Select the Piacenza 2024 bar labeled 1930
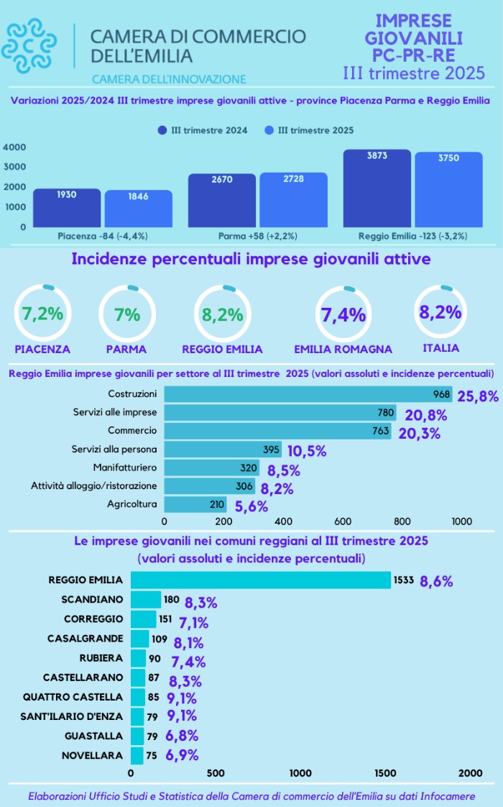point(67,208)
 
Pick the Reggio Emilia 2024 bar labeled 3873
point(377,188)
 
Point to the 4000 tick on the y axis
point(15,147)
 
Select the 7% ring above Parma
point(126,314)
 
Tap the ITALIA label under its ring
point(440,348)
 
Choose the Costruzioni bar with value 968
point(308,393)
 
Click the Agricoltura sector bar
point(195,504)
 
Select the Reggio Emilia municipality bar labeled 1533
point(260,580)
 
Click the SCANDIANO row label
point(92,599)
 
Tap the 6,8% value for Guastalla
point(182,736)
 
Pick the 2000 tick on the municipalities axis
point(470,772)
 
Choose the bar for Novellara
point(137,755)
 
